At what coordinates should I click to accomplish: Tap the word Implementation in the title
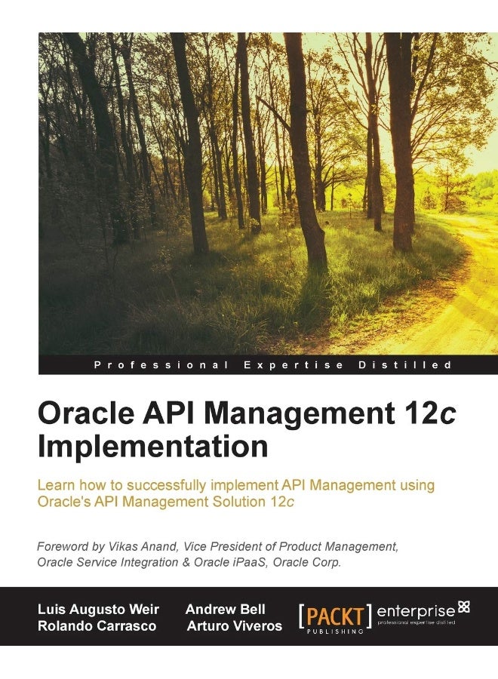coord(152,446)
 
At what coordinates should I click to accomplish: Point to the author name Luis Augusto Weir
coord(99,610)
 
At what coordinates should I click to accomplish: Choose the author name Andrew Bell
coord(225,610)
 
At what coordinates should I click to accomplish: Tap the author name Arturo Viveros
coord(235,626)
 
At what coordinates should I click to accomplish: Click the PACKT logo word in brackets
coord(335,614)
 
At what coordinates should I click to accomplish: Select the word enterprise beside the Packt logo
coord(416,610)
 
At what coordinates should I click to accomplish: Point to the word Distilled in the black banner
coord(416,365)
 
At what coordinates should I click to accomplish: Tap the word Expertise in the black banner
coord(294,365)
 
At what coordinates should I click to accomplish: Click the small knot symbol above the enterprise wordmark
coord(464,605)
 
